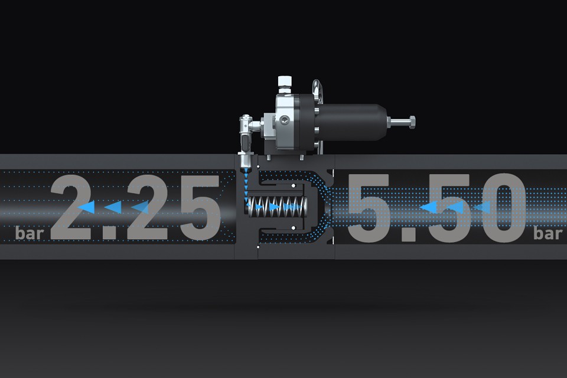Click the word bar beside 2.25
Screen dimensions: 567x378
click(x=30, y=233)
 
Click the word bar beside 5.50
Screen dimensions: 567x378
click(x=548, y=233)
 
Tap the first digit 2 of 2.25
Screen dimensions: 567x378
click(x=74, y=207)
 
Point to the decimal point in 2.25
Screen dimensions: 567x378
click(x=109, y=232)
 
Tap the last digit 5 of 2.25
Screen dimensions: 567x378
click(x=201, y=207)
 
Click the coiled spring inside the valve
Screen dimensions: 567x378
click(x=277, y=207)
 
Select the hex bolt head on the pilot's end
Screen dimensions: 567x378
click(x=412, y=122)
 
